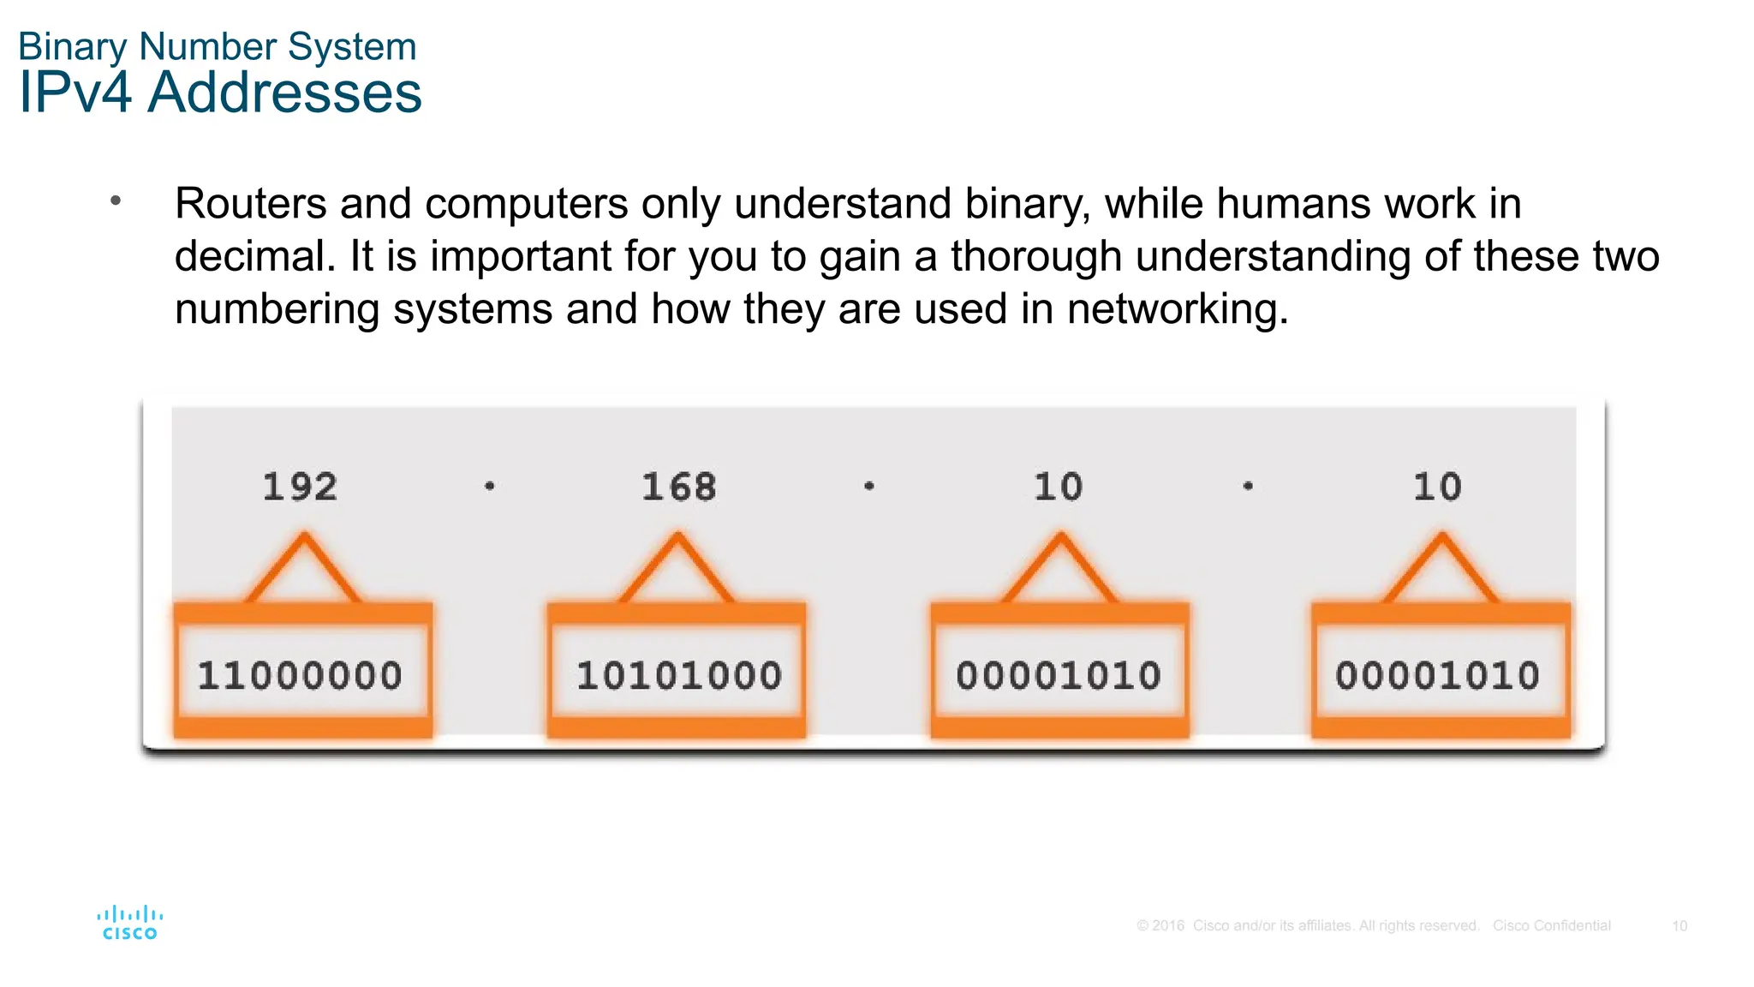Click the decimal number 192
(x=300, y=487)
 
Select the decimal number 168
(x=679, y=487)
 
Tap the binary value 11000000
(x=300, y=675)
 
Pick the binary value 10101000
(x=679, y=675)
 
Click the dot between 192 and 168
(x=490, y=486)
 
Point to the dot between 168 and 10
(x=869, y=486)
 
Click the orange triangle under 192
(x=304, y=571)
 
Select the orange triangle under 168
(x=677, y=571)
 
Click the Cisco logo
(x=130, y=923)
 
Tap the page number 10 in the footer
(x=1679, y=926)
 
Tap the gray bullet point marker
(x=116, y=201)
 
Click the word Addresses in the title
(x=284, y=92)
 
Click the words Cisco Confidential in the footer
(x=1551, y=926)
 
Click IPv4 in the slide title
(x=75, y=92)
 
